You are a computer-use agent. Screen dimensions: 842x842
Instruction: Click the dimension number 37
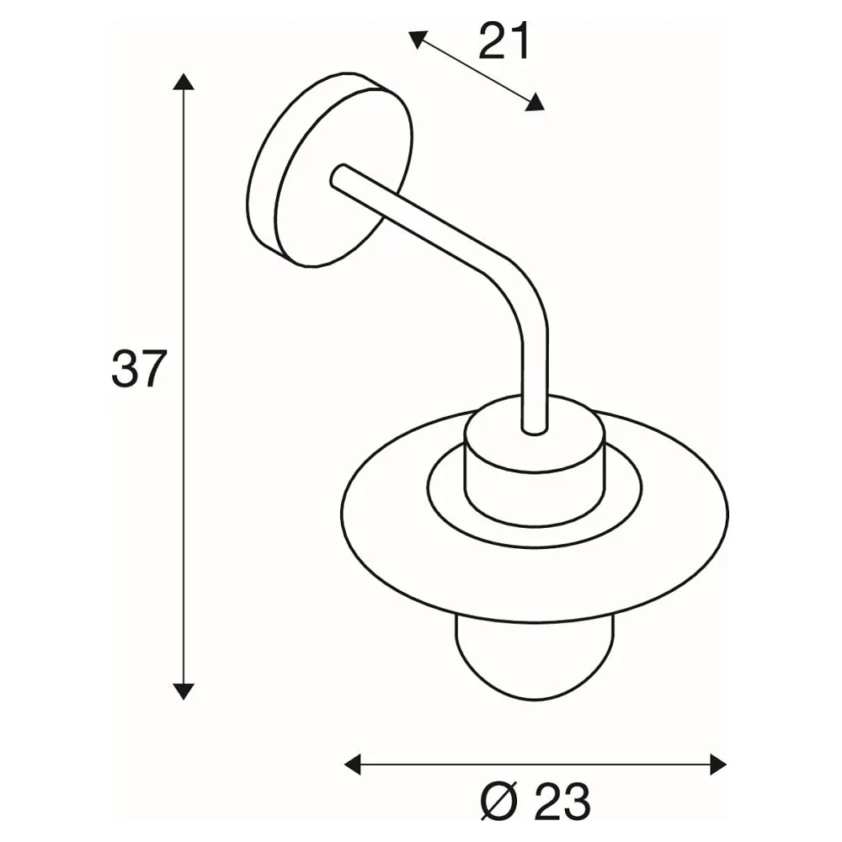140,369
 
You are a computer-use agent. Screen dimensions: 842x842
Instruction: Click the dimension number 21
504,41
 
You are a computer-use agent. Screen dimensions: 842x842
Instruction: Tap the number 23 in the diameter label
562,802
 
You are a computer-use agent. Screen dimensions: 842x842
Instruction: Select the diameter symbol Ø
498,802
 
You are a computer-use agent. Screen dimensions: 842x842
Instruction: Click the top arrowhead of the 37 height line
184,81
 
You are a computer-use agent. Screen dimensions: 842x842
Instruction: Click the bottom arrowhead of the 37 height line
184,691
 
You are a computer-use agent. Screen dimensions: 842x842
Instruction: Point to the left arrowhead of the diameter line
352,765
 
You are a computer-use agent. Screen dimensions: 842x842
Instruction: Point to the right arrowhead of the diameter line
718,765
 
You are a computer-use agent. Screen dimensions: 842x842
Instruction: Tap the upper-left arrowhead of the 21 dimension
418,40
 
